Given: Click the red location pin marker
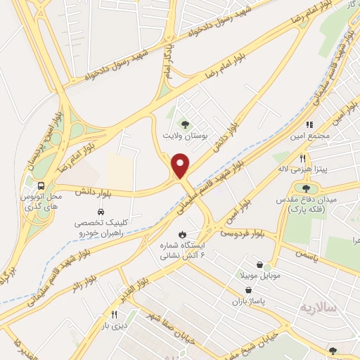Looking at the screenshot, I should point(181,165).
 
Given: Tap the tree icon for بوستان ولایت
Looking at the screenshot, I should point(185,124).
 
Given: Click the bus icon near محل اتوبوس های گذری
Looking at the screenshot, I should point(41,186).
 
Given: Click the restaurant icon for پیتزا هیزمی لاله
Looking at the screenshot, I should point(303,158).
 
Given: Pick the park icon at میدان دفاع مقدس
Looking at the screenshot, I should point(305,187).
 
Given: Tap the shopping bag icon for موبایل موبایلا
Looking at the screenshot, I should point(261,266).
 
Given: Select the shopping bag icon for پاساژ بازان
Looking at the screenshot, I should point(247,289).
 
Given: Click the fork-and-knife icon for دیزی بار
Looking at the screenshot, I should point(113,314).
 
